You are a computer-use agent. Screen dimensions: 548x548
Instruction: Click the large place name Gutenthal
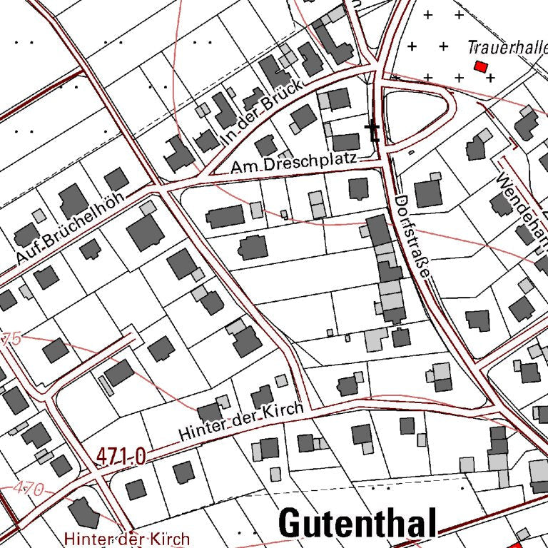(x=357, y=524)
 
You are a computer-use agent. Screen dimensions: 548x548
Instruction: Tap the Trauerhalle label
(x=507, y=48)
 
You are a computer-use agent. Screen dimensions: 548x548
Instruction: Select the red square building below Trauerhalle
(x=481, y=66)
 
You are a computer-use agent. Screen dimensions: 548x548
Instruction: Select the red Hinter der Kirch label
(x=126, y=538)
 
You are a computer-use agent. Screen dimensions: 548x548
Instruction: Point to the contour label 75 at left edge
(x=11, y=338)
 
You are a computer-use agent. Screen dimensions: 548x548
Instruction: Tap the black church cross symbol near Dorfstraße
(x=372, y=130)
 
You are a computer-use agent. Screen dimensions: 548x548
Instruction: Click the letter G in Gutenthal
(x=292, y=524)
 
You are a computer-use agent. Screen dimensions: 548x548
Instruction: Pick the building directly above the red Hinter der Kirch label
(x=83, y=513)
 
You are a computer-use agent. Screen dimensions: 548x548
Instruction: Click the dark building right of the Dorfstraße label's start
(x=429, y=193)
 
